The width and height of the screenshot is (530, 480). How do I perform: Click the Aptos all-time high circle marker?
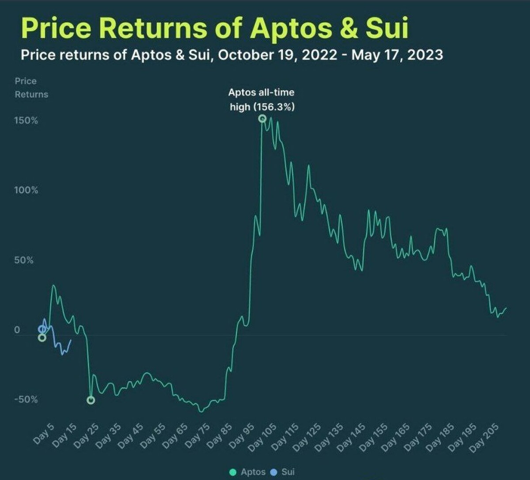point(262,118)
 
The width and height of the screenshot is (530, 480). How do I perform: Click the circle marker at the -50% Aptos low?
point(91,400)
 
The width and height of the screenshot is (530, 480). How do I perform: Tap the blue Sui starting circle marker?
point(42,329)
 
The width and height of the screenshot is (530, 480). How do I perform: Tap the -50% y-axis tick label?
point(26,400)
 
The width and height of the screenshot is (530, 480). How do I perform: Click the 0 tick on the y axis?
point(17,330)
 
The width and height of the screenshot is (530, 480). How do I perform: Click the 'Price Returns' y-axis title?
point(31,88)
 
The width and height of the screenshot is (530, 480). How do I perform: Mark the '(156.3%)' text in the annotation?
point(274,107)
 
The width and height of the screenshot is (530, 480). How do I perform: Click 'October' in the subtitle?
point(244,55)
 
